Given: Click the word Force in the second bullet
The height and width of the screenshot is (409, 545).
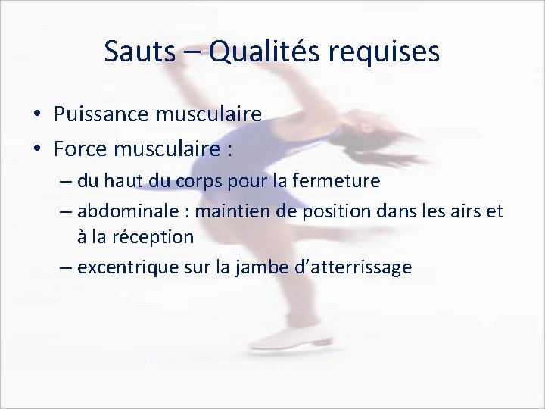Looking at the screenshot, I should point(78,148).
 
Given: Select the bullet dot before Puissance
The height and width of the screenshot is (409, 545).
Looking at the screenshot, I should point(37,115).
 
